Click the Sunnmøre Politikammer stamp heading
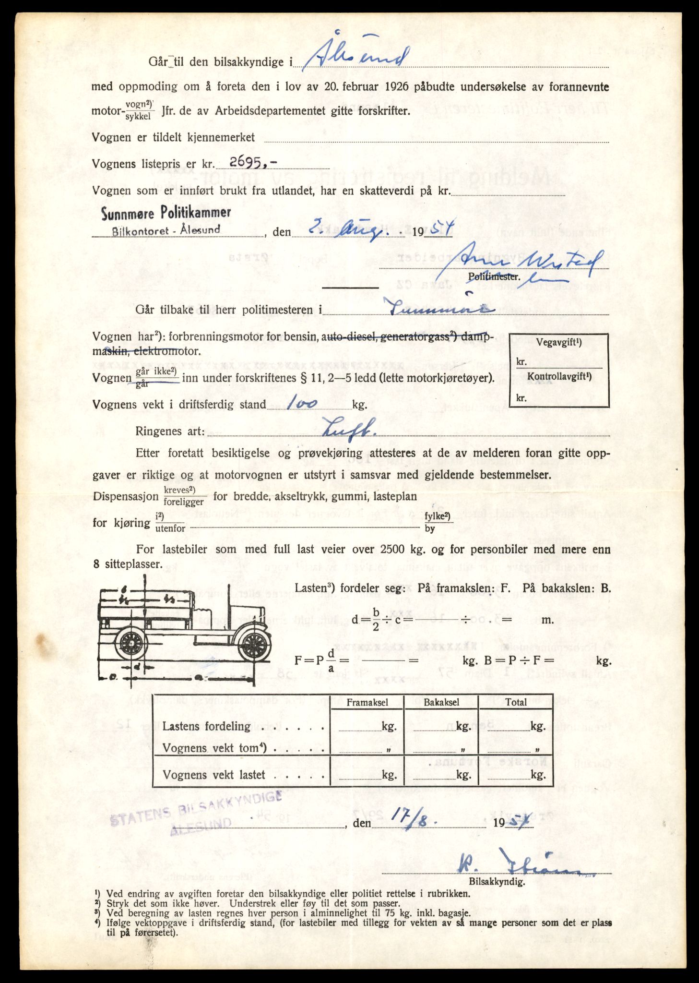pyautogui.click(x=166, y=213)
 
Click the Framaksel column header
pyautogui.click(x=367, y=702)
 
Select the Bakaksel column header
pyautogui.click(x=441, y=702)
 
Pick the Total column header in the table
pyautogui.click(x=516, y=702)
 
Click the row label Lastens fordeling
pyautogui.click(x=206, y=726)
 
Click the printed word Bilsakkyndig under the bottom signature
pyautogui.click(x=497, y=882)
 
